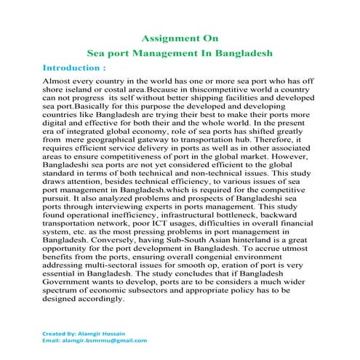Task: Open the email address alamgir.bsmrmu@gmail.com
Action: tap(105, 340)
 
